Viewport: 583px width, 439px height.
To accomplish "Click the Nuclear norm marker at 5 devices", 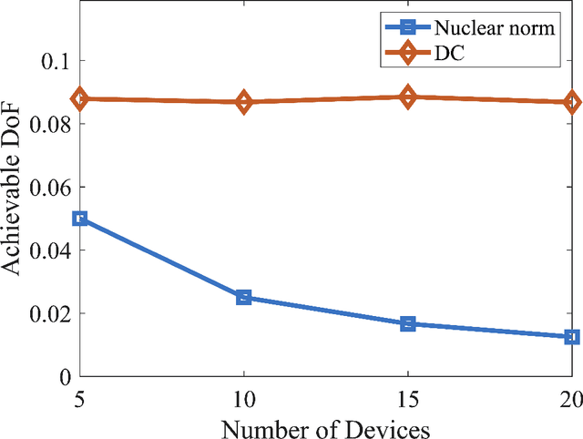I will (x=80, y=219).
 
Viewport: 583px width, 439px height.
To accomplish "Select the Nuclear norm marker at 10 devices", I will (x=244, y=298).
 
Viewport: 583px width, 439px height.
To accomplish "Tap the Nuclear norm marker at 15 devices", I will (x=408, y=323).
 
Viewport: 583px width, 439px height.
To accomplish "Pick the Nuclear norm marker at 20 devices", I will (x=572, y=337).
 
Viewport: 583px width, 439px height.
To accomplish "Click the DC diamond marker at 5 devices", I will (x=80, y=98).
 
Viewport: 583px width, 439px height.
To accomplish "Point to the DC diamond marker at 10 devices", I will (x=244, y=102).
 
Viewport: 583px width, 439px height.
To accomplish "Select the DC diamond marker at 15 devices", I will (x=408, y=97).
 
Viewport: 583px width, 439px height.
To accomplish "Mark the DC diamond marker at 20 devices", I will (x=572, y=102).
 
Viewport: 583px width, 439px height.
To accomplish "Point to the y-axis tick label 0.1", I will (x=56, y=61).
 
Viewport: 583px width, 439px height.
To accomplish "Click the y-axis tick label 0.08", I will (x=50, y=124).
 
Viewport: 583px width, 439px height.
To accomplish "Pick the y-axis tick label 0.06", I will (x=50, y=187).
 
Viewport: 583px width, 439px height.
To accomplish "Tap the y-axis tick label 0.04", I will (x=50, y=250).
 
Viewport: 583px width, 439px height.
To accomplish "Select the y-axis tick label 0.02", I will (x=50, y=313).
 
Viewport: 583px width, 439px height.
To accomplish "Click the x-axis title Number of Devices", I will (x=325, y=425).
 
